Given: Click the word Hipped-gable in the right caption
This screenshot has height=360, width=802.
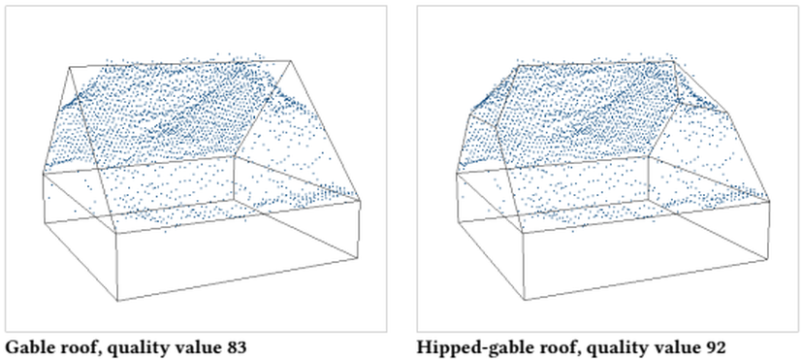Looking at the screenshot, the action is click(464, 348).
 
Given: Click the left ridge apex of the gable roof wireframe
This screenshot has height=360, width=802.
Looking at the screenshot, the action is click(70, 67).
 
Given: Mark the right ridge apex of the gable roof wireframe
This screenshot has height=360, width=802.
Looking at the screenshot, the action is click(291, 60).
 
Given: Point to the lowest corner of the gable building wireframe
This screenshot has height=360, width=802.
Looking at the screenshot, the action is click(117, 301).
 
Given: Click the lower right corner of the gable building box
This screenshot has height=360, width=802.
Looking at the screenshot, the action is click(358, 258).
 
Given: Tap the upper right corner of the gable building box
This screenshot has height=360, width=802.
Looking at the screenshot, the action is click(360, 201).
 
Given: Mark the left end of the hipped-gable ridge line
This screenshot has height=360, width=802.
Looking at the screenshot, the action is click(518, 65).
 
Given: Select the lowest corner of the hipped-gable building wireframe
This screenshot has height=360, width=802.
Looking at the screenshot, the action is click(526, 300).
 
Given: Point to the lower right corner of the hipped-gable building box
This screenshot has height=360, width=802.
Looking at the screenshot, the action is click(768, 259).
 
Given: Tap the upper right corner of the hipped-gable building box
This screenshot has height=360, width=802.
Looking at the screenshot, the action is click(770, 201).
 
